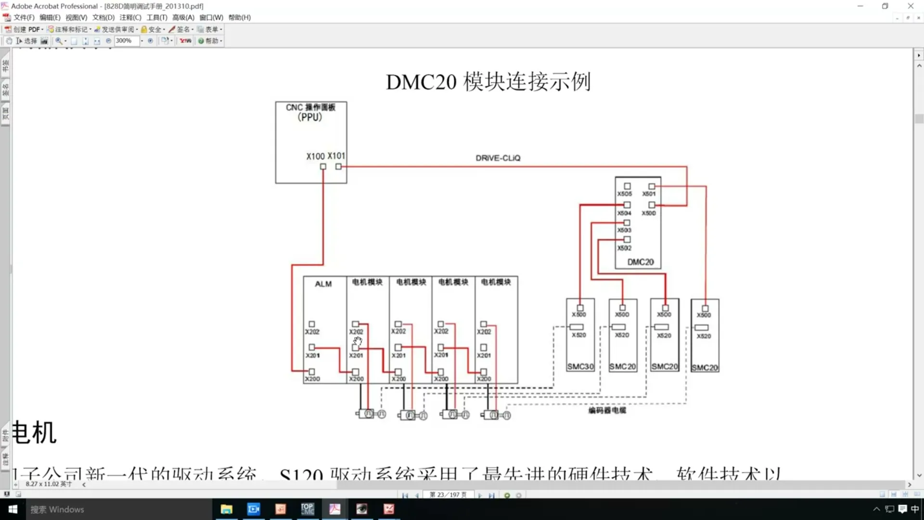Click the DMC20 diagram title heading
pos(488,81)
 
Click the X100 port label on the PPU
pos(315,156)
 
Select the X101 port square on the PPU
pos(339,167)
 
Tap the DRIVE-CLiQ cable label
pos(498,158)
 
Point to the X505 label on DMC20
pos(625,194)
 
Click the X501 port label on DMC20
pos(649,194)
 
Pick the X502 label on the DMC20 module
pos(624,248)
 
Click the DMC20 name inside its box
pos(640,262)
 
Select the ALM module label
pos(323,284)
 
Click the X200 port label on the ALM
pos(312,379)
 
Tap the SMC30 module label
pos(580,366)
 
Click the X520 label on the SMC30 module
pos(579,335)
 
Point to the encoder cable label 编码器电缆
pos(607,410)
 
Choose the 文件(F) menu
pos(24,17)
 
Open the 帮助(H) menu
pos(239,17)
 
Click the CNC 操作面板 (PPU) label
pos(310,112)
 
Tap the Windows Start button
pos(13,509)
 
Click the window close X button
pos(911,6)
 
